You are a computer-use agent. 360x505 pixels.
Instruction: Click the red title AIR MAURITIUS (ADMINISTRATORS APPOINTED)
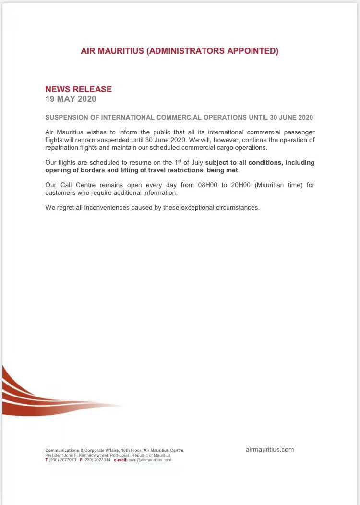pos(180,51)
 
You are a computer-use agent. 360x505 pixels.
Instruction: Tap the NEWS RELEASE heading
pos(78,89)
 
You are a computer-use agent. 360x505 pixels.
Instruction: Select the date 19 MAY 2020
pos(71,99)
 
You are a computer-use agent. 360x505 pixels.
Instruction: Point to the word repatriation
pos(63,147)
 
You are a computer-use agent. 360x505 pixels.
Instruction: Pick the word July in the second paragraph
pos(195,163)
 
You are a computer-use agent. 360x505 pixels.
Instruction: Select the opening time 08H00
pos(207,185)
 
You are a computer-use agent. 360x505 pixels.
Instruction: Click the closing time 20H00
pos(241,185)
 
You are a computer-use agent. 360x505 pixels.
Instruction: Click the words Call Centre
pos(76,185)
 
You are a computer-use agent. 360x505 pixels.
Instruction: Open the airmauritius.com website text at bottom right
pos(269,450)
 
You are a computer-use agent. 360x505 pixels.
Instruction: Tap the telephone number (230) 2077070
pos(62,460)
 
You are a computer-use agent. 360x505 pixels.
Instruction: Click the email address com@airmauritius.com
pos(150,460)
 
